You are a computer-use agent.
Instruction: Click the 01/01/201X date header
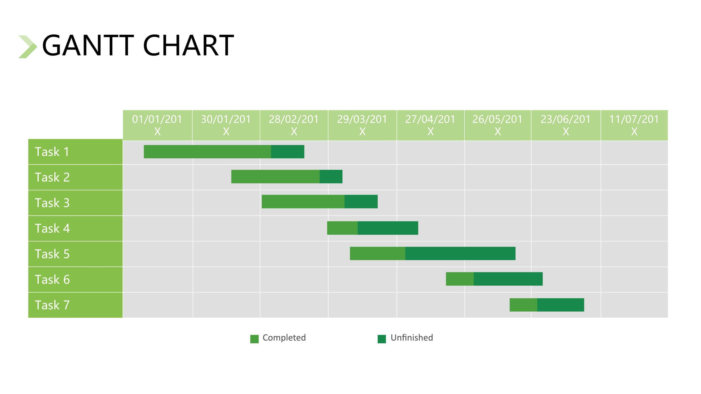pos(157,125)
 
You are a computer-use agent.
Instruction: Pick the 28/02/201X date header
pos(294,125)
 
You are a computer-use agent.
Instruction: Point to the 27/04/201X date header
pos(430,125)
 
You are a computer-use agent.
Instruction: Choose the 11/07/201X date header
pos(634,125)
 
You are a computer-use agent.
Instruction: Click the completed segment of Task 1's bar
pos(207,152)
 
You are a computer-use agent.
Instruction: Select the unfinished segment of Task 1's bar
pos(288,152)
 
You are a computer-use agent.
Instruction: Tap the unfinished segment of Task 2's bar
pos(331,177)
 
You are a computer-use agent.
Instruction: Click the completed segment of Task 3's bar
pos(303,202)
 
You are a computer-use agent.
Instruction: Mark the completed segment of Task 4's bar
pos(342,228)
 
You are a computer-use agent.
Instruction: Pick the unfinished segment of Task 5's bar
pos(460,253)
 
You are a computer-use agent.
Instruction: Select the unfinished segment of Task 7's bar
pos(561,305)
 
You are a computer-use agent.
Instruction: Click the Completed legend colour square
pos(254,339)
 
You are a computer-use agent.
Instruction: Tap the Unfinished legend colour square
pos(382,339)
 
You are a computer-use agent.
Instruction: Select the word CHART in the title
pos(188,46)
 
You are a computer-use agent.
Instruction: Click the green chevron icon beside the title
pos(28,47)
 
